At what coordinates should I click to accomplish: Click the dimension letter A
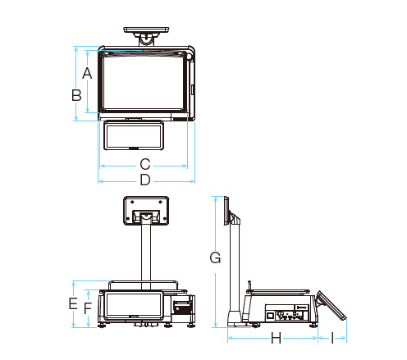tap(87, 73)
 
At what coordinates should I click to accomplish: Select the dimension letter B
tap(76, 95)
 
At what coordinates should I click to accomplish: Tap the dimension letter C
tap(145, 164)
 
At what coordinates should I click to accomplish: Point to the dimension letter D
tap(145, 180)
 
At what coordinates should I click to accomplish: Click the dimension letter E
tap(73, 303)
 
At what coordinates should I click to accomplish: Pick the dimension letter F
tap(88, 308)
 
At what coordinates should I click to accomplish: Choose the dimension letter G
tap(215, 257)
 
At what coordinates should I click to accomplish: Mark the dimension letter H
tap(276, 338)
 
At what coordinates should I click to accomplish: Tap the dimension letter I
tap(332, 338)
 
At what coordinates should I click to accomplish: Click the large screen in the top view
tap(143, 82)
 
